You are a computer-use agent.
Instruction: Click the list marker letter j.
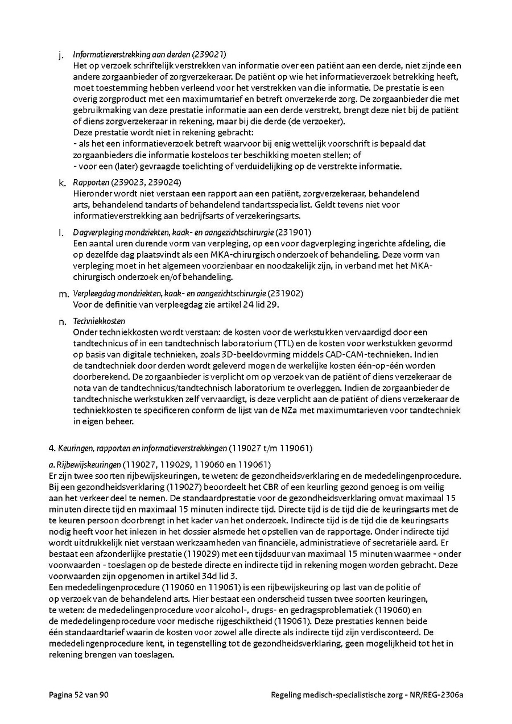point(61,55)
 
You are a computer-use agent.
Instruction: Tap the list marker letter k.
point(61,183)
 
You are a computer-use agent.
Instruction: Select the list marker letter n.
point(62,322)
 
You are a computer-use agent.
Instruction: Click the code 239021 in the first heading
point(209,55)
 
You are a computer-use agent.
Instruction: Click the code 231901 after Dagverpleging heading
point(294,233)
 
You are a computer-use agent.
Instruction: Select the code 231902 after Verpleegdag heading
point(285,293)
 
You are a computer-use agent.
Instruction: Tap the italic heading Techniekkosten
point(99,321)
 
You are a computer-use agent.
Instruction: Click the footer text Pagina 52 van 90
point(78,694)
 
